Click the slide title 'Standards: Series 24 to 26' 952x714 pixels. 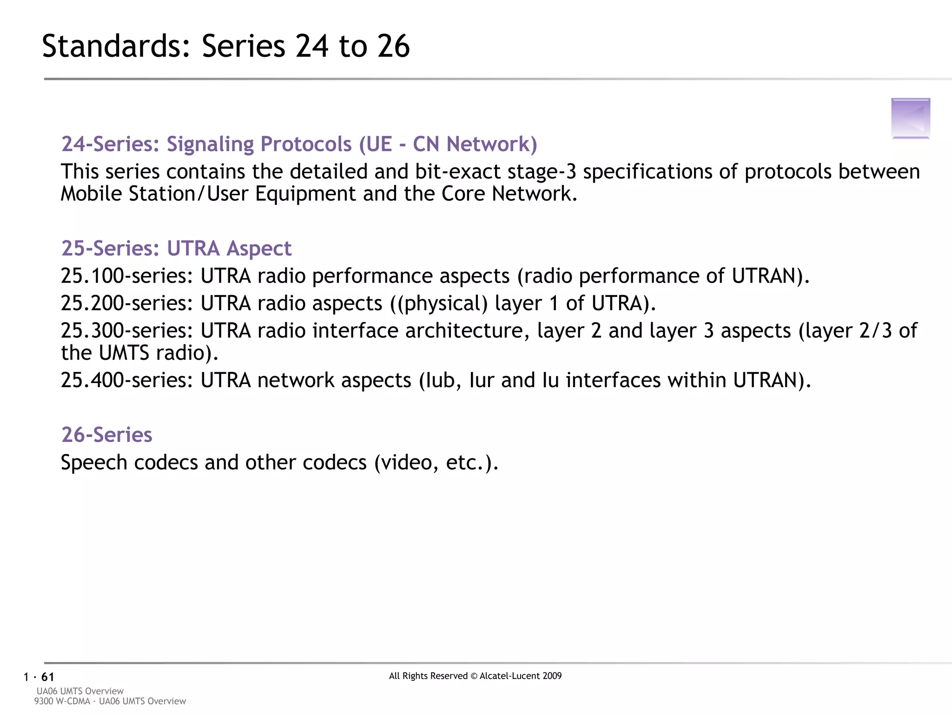[226, 46]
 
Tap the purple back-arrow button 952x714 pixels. [911, 118]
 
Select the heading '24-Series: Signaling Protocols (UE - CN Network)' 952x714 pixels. [299, 144]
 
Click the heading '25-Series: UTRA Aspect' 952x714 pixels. [176, 248]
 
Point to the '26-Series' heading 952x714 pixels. [107, 435]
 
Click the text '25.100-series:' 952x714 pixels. [127, 276]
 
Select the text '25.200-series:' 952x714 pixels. [127, 304]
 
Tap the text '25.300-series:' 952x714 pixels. [127, 331]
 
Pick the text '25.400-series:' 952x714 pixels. [127, 380]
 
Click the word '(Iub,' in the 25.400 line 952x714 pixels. [440, 380]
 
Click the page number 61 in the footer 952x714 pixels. [48, 677]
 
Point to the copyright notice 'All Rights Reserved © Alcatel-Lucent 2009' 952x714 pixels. [475, 676]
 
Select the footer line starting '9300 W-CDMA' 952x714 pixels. [110, 701]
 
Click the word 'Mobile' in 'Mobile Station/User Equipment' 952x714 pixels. [92, 194]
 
